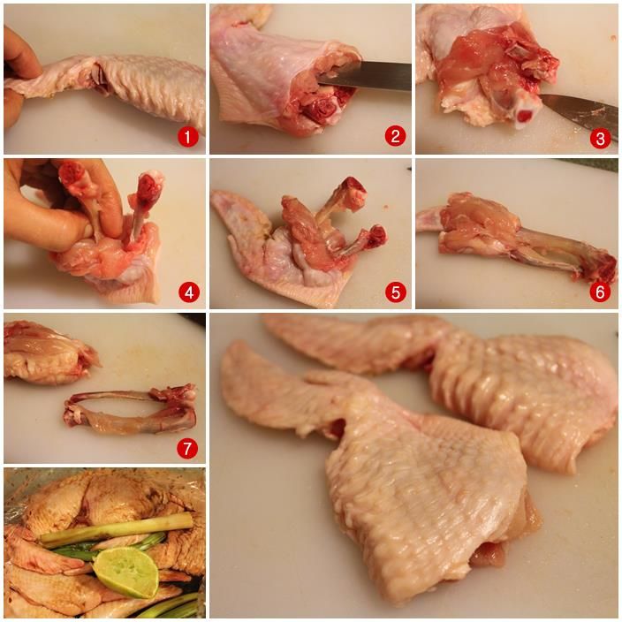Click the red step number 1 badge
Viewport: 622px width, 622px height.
[187, 137]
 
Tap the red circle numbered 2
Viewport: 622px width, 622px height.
[395, 136]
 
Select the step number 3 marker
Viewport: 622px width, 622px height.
[600, 138]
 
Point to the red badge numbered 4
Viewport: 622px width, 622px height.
[189, 292]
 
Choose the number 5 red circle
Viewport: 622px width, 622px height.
[396, 292]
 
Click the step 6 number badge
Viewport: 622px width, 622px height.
[600, 292]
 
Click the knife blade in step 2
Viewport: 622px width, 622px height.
[365, 76]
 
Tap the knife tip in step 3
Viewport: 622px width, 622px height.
[542, 97]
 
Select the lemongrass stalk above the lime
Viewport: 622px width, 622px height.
[117, 527]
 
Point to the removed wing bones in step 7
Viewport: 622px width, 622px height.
[131, 409]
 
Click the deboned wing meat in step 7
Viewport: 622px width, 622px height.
[49, 353]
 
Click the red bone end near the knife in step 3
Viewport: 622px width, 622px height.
[526, 116]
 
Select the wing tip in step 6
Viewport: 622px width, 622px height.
[429, 219]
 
